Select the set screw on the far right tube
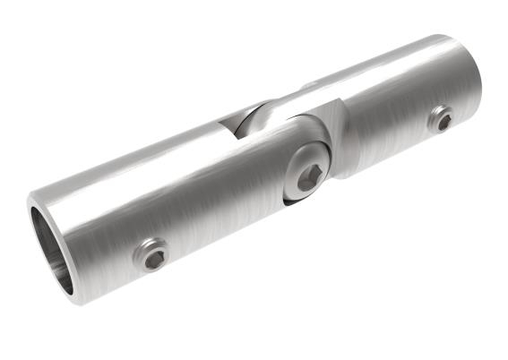click(440, 119)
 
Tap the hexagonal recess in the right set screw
click(441, 120)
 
